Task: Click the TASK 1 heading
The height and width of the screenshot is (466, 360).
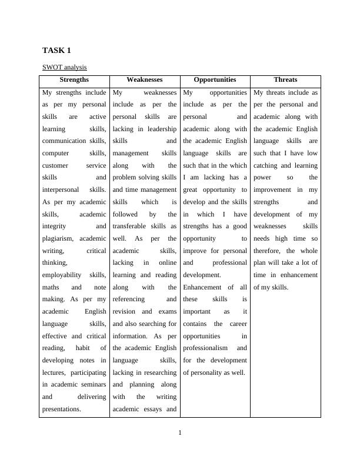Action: pyautogui.click(x=56, y=51)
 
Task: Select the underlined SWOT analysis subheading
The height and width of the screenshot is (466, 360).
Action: pyautogui.click(x=65, y=68)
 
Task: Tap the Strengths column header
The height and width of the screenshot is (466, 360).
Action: pyautogui.click(x=74, y=79)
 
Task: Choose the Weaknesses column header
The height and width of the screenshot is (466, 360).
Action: pyautogui.click(x=145, y=79)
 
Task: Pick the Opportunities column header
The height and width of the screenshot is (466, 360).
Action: pyautogui.click(x=215, y=79)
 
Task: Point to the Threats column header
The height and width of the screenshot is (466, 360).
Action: pyautogui.click(x=285, y=79)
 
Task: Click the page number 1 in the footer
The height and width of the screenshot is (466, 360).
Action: pyautogui.click(x=180, y=434)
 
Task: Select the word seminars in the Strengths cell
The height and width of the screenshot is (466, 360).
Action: pyautogui.click(x=93, y=385)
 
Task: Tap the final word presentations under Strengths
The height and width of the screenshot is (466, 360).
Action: pyautogui.click(x=61, y=409)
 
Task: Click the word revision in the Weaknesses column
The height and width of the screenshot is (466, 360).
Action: pyautogui.click(x=125, y=312)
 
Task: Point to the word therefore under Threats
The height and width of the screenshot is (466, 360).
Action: pyautogui.click(x=269, y=251)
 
